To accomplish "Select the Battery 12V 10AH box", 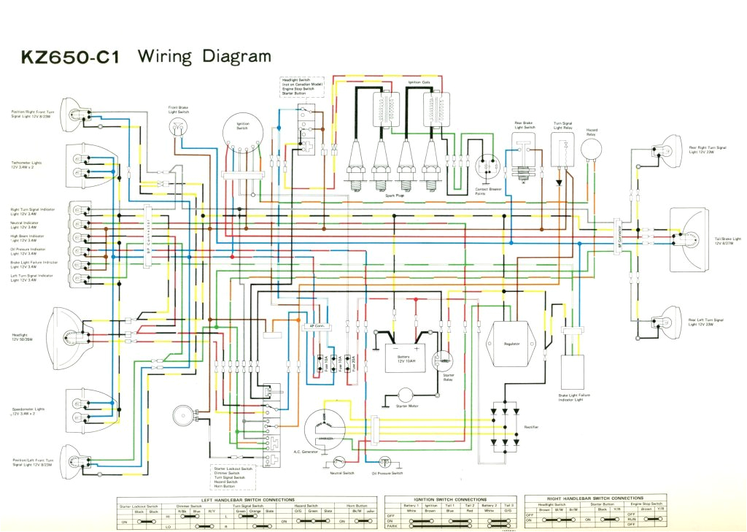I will pyautogui.click(x=406, y=358).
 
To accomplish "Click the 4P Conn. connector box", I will pyautogui.click(x=317, y=326).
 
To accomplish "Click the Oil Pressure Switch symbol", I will pyautogui.click(x=385, y=462).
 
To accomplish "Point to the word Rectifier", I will pyautogui.click(x=532, y=426).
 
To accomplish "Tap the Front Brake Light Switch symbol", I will pyautogui.click(x=177, y=127).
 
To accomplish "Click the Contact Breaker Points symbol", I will pyautogui.click(x=485, y=166).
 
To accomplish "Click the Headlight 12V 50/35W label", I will pyautogui.click(x=25, y=337).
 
